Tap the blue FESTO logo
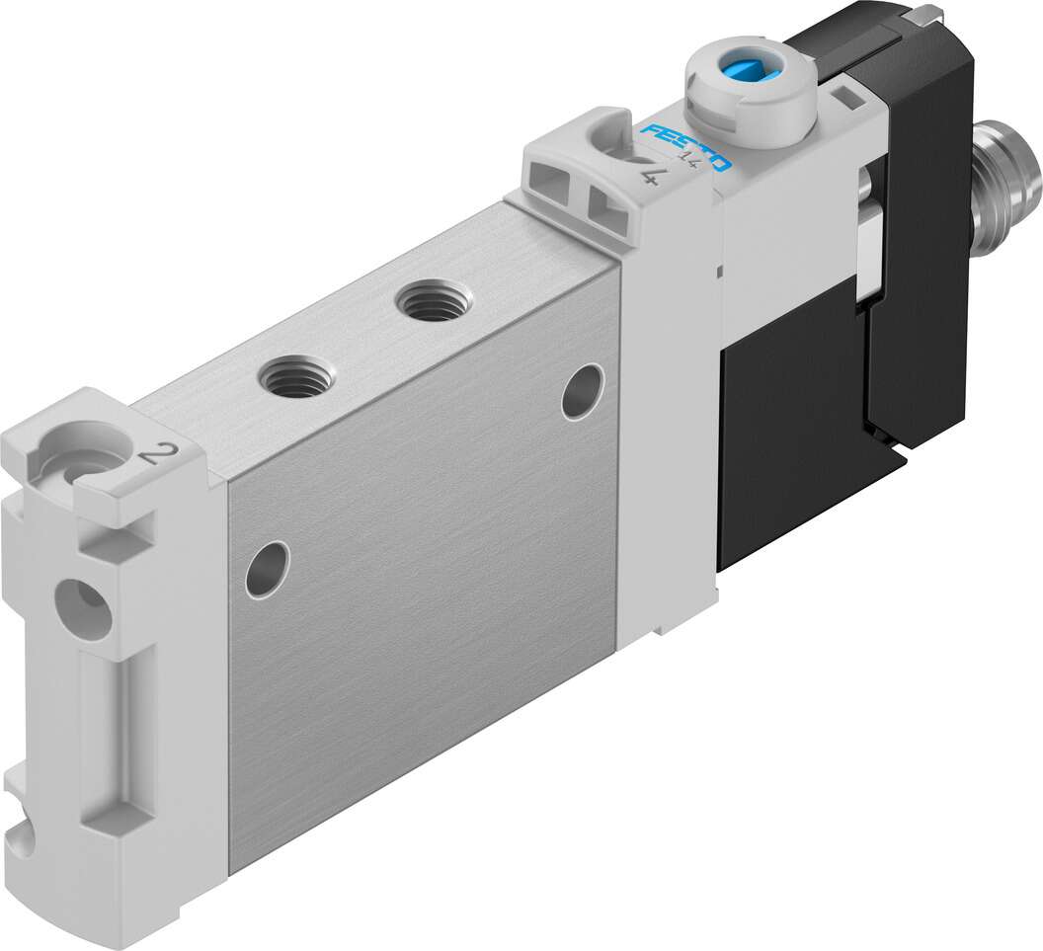tap(685, 146)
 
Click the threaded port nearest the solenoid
tap(433, 301)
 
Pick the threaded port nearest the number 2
tap(296, 375)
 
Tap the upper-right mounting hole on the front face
tap(583, 392)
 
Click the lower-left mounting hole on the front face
tap(268, 569)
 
